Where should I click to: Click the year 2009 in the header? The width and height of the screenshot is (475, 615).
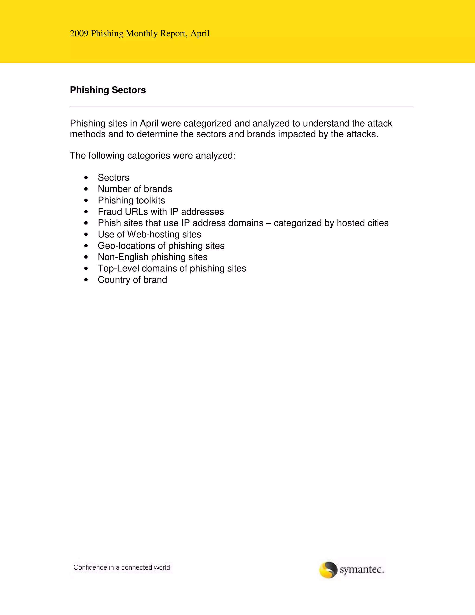coord(79,33)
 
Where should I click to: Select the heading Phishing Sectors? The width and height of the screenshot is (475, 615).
coord(108,90)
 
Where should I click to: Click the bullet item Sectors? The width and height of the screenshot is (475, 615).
coord(113,178)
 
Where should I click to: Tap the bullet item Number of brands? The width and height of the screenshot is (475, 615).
coord(135,189)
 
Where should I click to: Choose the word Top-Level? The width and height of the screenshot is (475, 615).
coord(119,268)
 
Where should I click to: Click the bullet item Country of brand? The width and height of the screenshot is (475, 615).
coord(132,280)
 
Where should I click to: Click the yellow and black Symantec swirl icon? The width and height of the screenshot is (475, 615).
coord(328,570)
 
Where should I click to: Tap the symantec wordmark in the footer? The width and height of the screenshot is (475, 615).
coord(362,570)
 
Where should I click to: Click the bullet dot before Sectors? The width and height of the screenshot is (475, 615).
coord(86,178)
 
